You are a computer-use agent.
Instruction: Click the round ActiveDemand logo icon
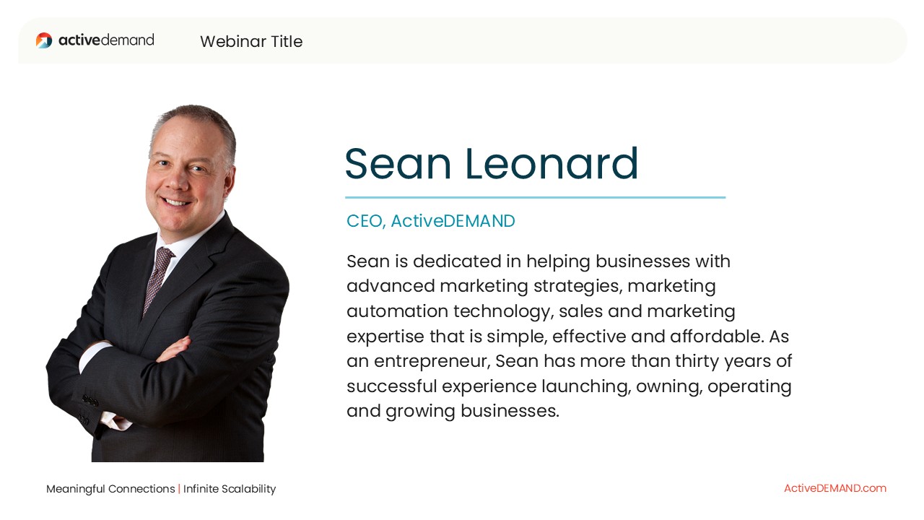pyautogui.click(x=44, y=40)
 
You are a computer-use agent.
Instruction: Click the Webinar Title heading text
pyautogui.click(x=251, y=41)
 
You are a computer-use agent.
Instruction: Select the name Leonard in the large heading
pyautogui.click(x=552, y=164)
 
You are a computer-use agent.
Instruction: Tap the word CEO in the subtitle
pyautogui.click(x=366, y=221)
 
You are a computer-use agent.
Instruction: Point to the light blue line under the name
pyautogui.click(x=536, y=198)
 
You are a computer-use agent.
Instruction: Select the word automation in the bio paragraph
pyautogui.click(x=397, y=311)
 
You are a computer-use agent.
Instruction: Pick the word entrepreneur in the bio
pyautogui.click(x=432, y=362)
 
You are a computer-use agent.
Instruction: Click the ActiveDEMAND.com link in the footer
pyautogui.click(x=835, y=488)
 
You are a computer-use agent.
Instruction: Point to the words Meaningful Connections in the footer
pyautogui.click(x=110, y=489)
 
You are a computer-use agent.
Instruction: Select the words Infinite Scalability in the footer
pyautogui.click(x=230, y=489)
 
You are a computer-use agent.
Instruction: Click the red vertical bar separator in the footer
pyautogui.click(x=179, y=489)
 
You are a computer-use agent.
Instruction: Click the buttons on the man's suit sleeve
pyautogui.click(x=90, y=400)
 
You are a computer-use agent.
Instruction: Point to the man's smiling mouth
pyautogui.click(x=177, y=201)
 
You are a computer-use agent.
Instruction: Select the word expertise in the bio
pyautogui.click(x=385, y=337)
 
